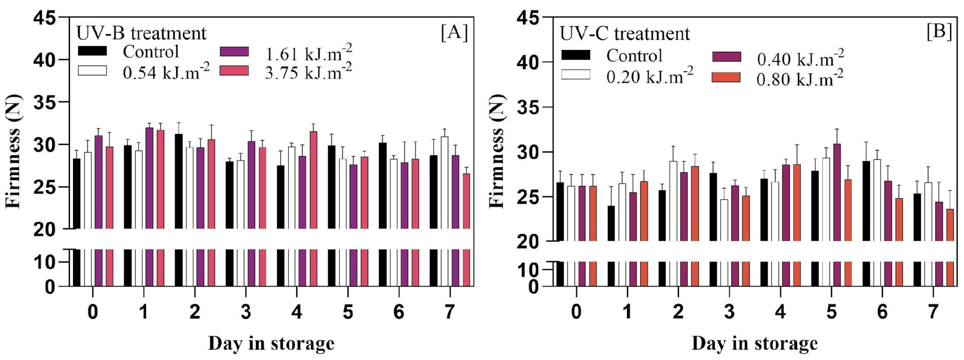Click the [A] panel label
coord(454,33)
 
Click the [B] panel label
coord(939,32)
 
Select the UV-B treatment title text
coord(142,33)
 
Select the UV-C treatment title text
coord(624,34)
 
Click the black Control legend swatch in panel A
coord(92,51)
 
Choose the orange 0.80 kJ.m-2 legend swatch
coord(726,77)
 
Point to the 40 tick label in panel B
coord(529,62)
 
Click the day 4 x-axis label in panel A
coord(296,312)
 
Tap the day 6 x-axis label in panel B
coord(882,312)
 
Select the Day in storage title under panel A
coord(271,344)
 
